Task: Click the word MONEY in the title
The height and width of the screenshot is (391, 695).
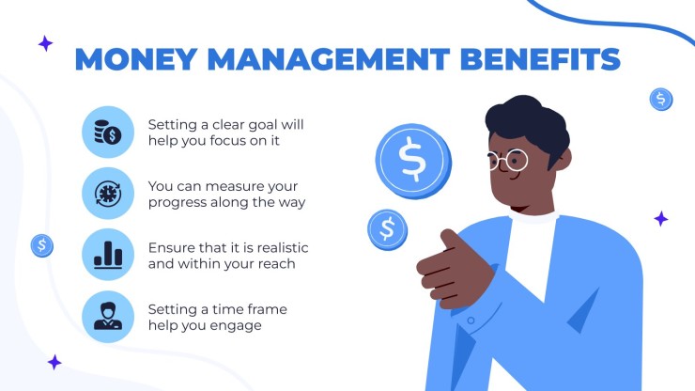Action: (136, 59)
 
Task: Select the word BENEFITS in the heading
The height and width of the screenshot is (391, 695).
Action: (540, 59)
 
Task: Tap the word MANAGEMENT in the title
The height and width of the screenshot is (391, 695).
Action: (329, 59)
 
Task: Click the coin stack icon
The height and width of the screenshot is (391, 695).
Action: (108, 132)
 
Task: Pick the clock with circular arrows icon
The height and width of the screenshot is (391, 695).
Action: (108, 194)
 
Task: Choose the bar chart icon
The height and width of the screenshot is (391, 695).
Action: (108, 255)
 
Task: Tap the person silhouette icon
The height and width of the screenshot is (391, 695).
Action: (108, 316)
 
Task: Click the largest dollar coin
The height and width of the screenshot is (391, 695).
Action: (413, 161)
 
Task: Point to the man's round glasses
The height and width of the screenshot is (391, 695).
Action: (508, 160)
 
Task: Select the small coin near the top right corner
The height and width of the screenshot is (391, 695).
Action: (661, 99)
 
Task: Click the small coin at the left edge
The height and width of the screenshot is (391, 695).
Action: (42, 245)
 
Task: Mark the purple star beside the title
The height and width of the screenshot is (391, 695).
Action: (45, 43)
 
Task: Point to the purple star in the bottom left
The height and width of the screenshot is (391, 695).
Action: (54, 362)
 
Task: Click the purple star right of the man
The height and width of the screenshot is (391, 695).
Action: (661, 219)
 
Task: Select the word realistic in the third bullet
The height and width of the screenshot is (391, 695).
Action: (283, 247)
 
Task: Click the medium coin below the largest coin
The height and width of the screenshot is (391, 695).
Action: (387, 229)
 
